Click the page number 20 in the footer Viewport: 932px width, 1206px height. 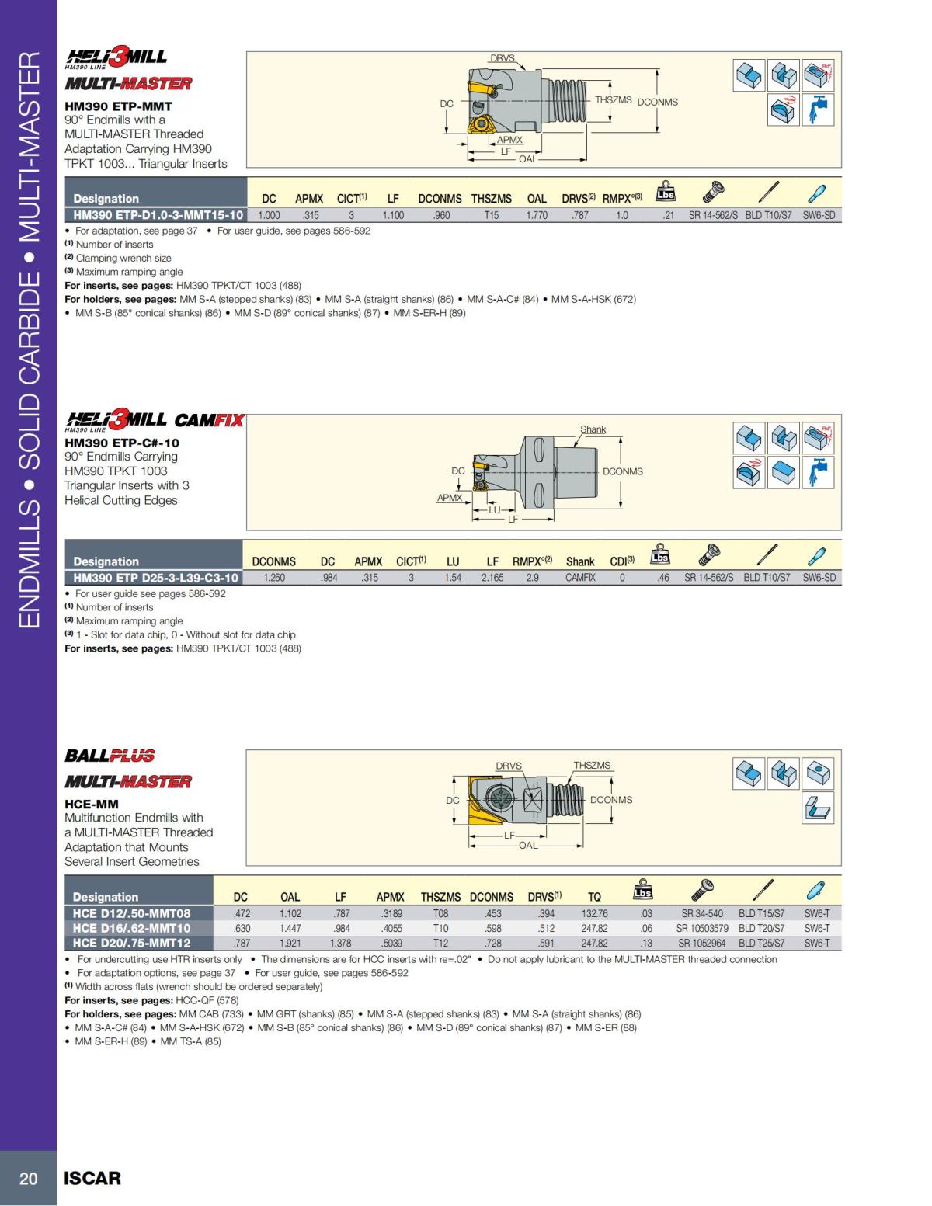click(28, 1178)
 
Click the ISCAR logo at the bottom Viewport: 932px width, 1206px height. click(92, 1178)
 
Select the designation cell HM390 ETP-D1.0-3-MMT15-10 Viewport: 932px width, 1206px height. click(158, 215)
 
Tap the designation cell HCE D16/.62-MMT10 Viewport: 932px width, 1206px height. click(131, 928)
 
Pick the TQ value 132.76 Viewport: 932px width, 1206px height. click(594, 914)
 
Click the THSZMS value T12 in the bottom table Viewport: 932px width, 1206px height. click(440, 943)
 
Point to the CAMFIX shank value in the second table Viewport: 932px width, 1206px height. click(580, 578)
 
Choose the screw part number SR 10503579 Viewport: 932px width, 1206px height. click(701, 928)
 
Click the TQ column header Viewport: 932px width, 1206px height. click(594, 897)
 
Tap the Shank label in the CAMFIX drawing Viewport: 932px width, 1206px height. click(593, 429)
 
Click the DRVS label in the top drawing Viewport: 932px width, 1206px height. click(502, 58)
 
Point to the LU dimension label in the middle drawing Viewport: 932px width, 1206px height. click(494, 509)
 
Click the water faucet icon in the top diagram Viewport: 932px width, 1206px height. click(818, 109)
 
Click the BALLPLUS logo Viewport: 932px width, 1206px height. click(110, 756)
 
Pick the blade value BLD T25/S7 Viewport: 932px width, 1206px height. click(761, 943)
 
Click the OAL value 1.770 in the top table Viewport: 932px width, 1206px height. click(537, 215)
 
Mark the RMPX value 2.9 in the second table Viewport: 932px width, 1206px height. click(532, 578)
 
